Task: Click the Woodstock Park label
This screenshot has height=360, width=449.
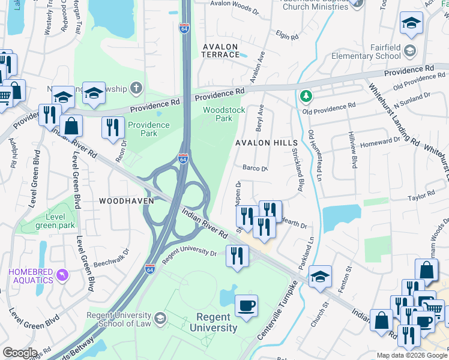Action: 224,114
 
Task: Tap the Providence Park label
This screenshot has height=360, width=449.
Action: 142,129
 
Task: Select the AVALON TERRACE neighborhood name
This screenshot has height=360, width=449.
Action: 221,50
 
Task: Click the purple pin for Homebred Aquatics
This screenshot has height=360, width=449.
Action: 61,275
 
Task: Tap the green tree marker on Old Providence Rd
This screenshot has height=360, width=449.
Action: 306,96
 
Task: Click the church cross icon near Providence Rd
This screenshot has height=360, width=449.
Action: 136,89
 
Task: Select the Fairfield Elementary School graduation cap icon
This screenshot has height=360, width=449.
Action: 410,50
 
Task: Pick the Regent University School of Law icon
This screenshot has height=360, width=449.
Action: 160,318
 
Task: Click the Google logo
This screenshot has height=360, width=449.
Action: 20,353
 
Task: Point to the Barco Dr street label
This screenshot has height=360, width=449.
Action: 255,169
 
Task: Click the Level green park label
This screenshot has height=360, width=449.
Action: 55,221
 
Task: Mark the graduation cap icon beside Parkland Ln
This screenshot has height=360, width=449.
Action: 321,277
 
